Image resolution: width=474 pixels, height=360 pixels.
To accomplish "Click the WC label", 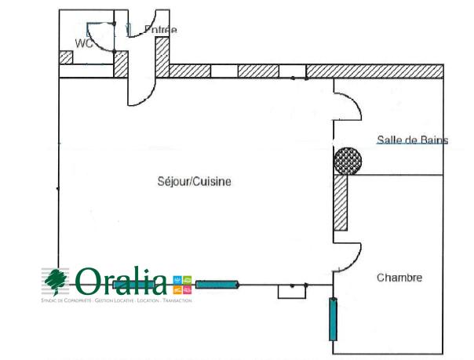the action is coord(84,43).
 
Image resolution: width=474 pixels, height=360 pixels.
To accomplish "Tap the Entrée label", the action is coord(160,31).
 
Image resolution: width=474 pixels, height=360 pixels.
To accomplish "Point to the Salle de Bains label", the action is coord(412,140).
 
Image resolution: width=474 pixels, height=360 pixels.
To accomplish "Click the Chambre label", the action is coord(399,278).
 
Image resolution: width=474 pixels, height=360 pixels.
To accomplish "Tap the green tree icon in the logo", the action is coord(57,280).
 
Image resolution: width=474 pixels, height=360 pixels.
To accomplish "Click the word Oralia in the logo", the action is coord(122,281).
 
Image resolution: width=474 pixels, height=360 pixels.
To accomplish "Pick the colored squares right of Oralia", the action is coord(180,284).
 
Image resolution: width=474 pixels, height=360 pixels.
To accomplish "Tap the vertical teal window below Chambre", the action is coord(333,318).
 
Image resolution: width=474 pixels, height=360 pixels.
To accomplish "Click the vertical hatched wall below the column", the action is coord(340,202).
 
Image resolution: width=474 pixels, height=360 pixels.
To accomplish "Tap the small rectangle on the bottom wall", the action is coord(290,291).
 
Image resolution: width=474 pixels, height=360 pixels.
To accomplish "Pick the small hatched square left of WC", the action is coord(66,57).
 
